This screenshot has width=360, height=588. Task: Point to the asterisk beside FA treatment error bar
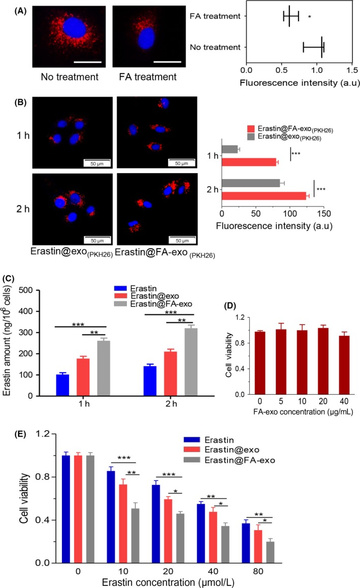click(309, 17)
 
